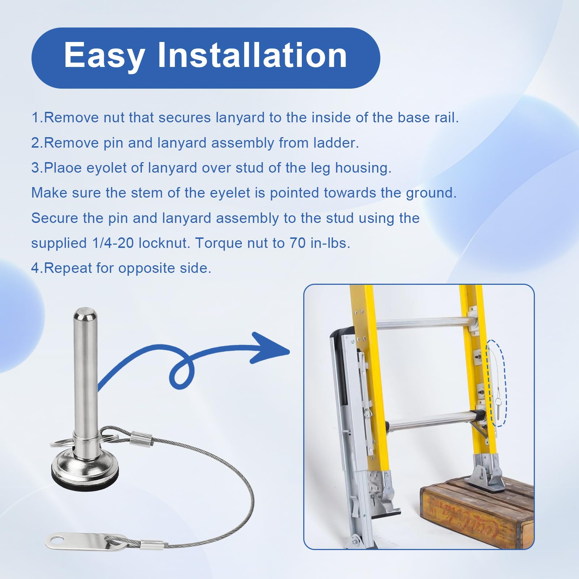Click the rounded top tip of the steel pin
(x=85, y=315)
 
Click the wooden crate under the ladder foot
(x=478, y=510)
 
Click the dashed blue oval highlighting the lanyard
(x=497, y=383)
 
